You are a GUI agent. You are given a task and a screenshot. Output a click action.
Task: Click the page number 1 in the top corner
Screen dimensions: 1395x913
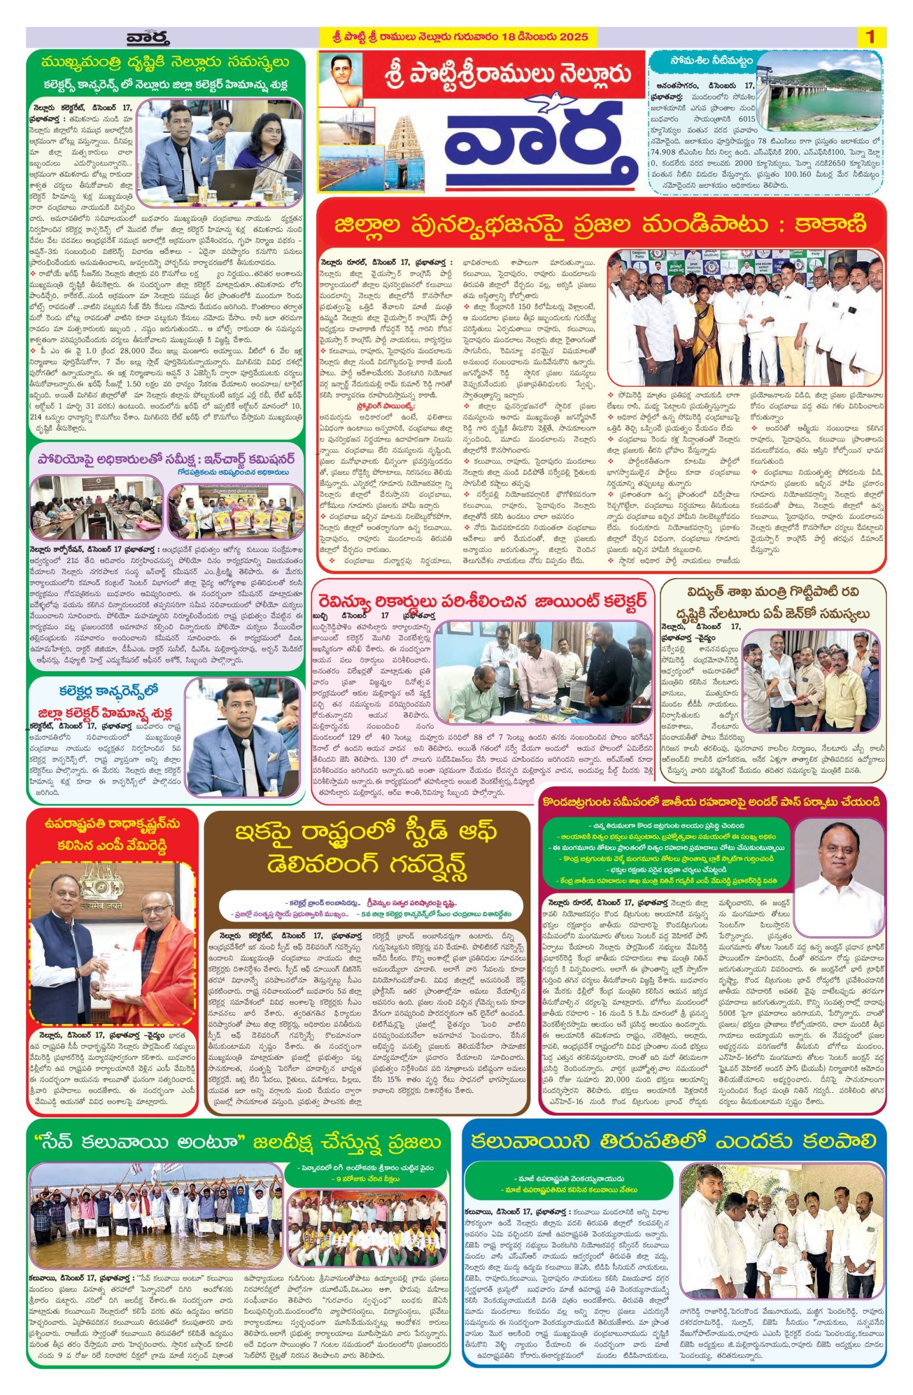pos(869,37)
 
